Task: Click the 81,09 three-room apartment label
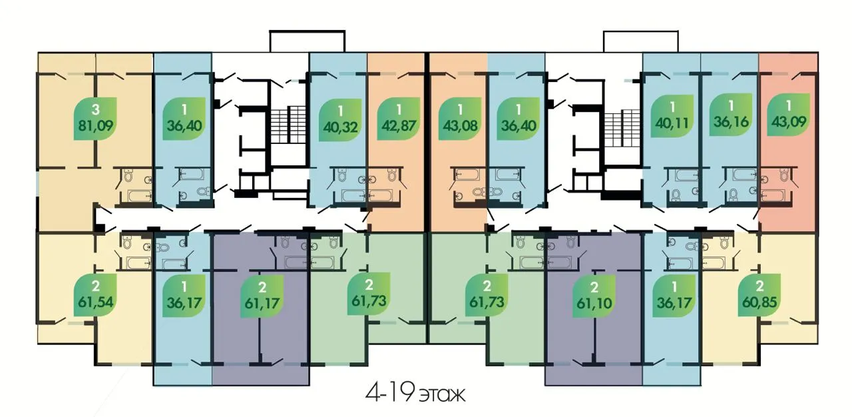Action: point(95,119)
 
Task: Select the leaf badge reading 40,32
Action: point(340,120)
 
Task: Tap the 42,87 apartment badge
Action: point(399,119)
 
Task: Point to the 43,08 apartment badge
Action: point(460,119)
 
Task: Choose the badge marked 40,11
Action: point(672,116)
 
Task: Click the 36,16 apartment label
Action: point(731,115)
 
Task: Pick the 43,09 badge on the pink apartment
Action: point(789,115)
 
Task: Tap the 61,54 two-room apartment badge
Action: point(95,295)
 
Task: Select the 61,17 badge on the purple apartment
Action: point(262,296)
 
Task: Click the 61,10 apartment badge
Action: point(594,296)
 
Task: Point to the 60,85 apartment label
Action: point(759,295)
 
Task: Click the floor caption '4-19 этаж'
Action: point(415,394)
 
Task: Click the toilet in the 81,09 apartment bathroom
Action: point(128,176)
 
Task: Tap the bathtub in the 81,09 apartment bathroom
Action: point(140,196)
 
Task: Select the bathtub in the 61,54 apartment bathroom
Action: point(138,262)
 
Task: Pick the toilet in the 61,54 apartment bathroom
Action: point(127,242)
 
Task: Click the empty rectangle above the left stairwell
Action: point(308,41)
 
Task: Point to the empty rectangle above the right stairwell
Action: point(640,41)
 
